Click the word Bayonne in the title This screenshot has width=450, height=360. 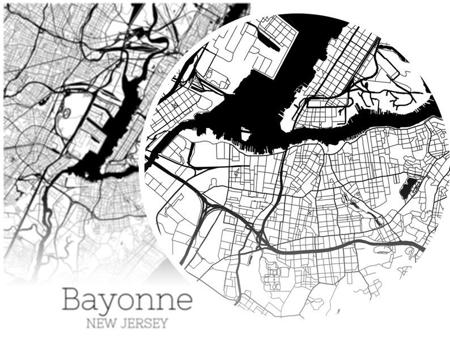[x=127, y=299]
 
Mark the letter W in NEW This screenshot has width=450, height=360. [x=109, y=324]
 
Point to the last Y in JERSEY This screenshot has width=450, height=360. [x=164, y=324]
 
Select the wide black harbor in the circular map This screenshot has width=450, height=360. [x=266, y=113]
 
